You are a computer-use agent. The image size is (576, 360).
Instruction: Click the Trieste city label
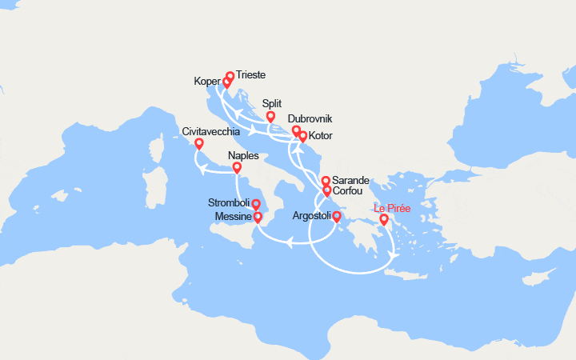click(x=251, y=75)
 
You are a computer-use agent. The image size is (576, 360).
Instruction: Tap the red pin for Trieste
click(x=230, y=78)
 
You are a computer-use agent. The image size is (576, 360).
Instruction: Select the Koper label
click(x=207, y=81)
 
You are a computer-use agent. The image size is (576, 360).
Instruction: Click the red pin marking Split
click(x=270, y=117)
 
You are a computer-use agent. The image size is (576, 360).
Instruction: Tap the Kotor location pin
click(x=302, y=137)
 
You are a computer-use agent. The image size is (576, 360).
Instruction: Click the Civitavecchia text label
click(x=210, y=131)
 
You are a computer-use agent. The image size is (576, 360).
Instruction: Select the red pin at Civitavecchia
click(x=199, y=145)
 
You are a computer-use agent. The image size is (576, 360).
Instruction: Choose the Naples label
click(x=243, y=155)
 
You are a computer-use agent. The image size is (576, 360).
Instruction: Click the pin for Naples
click(x=237, y=168)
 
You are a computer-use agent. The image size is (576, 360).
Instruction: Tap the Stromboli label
click(x=229, y=202)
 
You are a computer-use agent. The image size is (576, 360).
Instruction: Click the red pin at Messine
click(x=258, y=217)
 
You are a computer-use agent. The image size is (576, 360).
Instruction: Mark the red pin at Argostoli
click(x=337, y=217)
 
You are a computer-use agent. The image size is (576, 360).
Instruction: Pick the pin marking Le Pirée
click(x=384, y=220)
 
